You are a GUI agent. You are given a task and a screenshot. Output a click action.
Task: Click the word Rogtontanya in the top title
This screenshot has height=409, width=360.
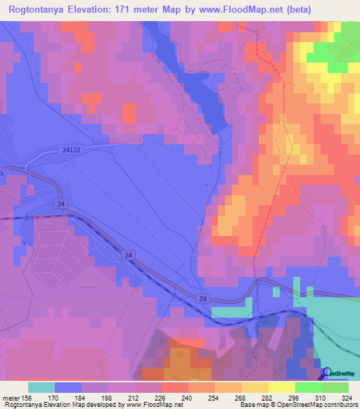(x=41, y=11)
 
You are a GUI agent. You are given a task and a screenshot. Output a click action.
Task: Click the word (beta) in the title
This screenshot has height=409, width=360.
(x=298, y=11)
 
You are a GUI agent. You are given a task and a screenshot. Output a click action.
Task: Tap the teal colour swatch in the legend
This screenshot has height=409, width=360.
(x=41, y=387)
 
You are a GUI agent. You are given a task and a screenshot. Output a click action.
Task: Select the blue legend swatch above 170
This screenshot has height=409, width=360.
(x=68, y=387)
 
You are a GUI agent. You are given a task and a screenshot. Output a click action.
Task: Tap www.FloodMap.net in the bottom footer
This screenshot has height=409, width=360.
(x=153, y=405)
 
